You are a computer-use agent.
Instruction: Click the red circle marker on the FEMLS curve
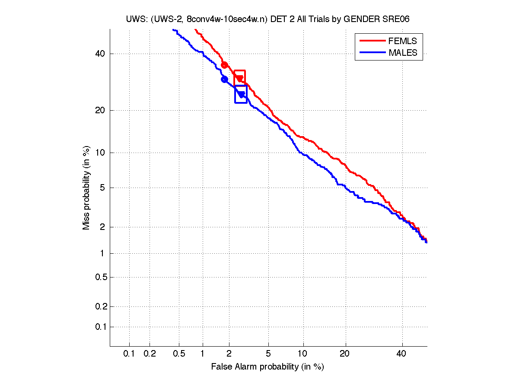coord(224,65)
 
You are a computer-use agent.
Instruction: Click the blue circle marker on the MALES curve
coord(224,79)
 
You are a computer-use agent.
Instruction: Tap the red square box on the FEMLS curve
coord(240,77)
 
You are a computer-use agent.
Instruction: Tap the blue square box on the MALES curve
coord(241,94)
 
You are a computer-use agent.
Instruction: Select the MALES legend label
coord(403,53)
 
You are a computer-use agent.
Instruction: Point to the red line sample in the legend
coord(372,41)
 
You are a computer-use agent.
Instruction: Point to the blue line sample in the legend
coord(372,53)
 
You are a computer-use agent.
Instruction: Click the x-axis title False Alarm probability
coord(267,367)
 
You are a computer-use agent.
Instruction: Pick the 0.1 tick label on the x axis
coord(129,354)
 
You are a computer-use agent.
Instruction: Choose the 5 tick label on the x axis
coord(268,354)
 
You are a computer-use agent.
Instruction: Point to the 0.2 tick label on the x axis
coord(150,354)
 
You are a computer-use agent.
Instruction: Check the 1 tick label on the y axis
coord(103,253)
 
